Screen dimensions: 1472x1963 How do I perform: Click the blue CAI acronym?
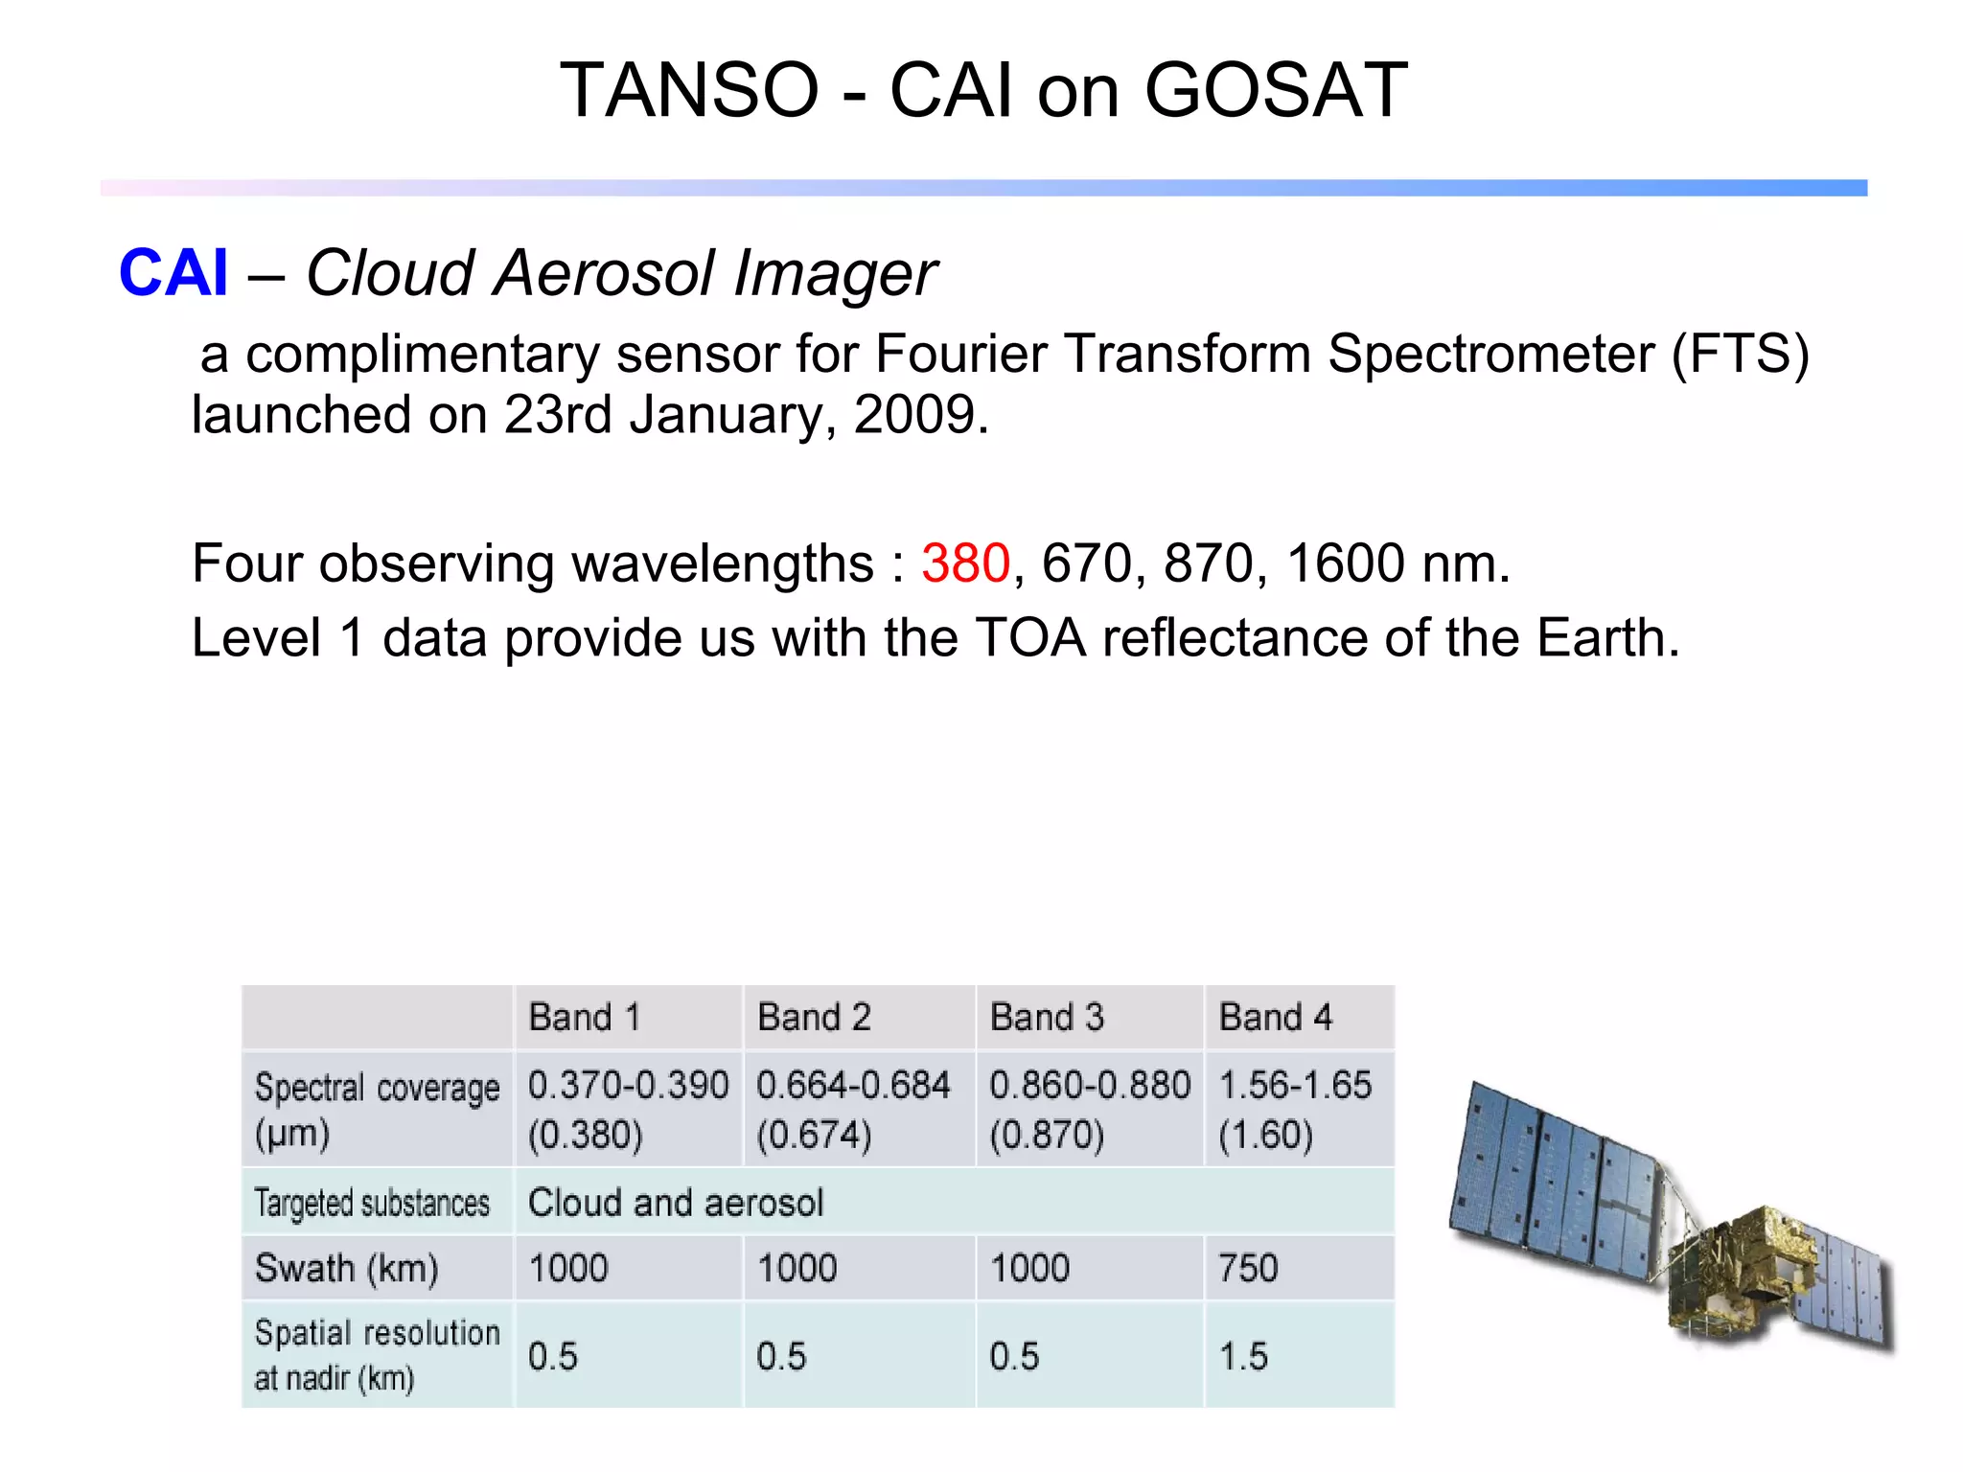click(x=173, y=273)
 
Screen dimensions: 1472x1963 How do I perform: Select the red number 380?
click(x=965, y=563)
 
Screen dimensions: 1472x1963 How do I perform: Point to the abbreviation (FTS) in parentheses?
click(x=1740, y=354)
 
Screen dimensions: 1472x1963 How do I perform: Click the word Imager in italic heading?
click(x=835, y=274)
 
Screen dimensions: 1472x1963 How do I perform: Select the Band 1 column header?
click(x=584, y=1017)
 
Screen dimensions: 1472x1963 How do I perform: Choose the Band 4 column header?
click(x=1275, y=1017)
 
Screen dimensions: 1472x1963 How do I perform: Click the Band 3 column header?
click(x=1047, y=1017)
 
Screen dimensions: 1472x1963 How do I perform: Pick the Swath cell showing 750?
click(x=1248, y=1269)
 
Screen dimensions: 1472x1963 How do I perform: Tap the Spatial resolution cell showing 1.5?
click(x=1243, y=1357)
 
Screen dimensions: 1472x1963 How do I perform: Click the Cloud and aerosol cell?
click(x=676, y=1203)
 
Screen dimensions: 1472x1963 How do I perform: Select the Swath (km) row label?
click(x=346, y=1269)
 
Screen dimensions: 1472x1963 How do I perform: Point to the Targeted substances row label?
click(x=372, y=1203)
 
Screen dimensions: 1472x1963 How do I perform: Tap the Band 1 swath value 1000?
click(x=568, y=1269)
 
